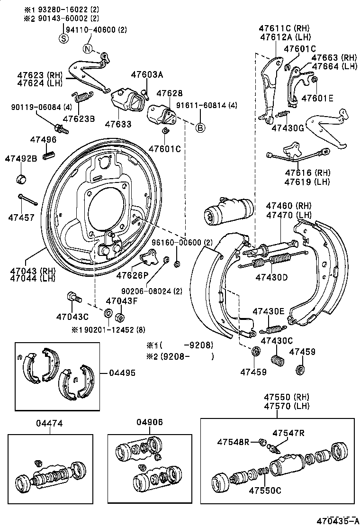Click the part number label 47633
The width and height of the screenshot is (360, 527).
[118, 123]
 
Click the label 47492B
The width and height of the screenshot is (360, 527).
[21, 158]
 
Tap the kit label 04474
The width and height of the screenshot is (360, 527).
[49, 423]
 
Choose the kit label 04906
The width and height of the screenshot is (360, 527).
[150, 423]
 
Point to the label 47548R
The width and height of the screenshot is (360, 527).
[233, 442]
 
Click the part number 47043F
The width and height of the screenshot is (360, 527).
[121, 301]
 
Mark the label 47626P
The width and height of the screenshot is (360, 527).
[133, 275]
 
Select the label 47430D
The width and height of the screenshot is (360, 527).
[272, 277]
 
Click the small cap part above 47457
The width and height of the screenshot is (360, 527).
[21, 180]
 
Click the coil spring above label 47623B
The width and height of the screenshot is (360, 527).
[83, 97]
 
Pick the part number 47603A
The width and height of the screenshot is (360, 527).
[147, 74]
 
